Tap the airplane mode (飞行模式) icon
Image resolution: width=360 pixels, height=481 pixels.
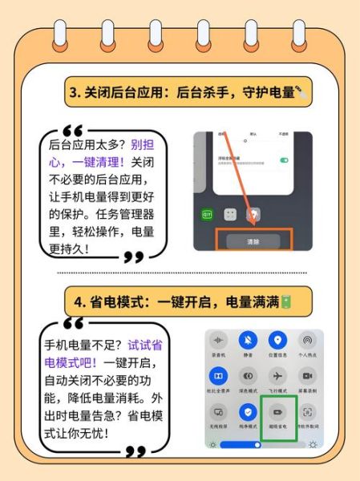click(x=278, y=375)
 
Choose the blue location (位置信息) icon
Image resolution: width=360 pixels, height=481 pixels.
click(x=278, y=341)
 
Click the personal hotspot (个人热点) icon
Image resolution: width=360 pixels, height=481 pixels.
click(x=308, y=341)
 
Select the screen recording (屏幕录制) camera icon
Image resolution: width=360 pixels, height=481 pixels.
click(x=308, y=375)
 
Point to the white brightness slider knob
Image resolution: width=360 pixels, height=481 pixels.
click(x=257, y=443)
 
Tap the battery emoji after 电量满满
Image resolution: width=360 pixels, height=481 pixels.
click(x=285, y=301)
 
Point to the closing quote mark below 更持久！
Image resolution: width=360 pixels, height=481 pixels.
click(x=134, y=257)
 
